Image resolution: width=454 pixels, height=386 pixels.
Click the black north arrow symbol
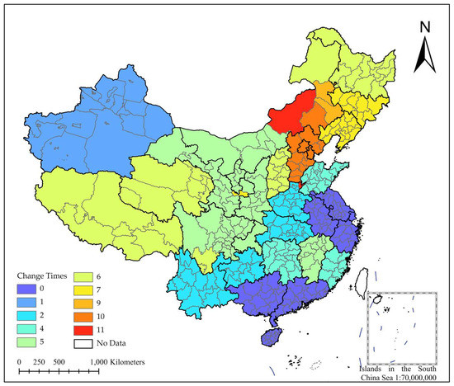tap(424, 56)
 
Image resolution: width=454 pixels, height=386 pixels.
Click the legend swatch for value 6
tap(83, 277)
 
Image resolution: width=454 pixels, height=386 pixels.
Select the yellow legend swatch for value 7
tap(83, 289)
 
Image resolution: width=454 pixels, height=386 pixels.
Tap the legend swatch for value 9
tap(83, 303)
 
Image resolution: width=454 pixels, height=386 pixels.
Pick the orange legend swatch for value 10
tap(83, 315)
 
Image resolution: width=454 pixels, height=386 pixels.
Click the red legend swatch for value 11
tap(83, 328)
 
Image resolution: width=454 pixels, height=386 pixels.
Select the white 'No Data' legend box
tap(83, 341)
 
